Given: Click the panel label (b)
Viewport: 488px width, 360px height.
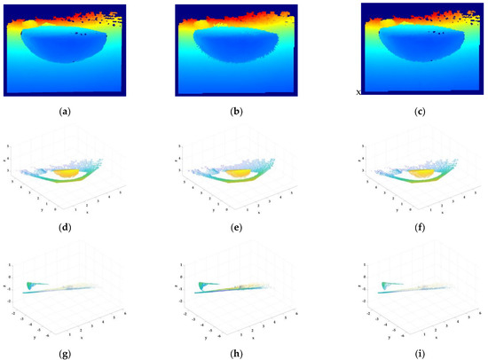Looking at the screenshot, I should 240,112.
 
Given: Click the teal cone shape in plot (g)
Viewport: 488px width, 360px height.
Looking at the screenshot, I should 35,285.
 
